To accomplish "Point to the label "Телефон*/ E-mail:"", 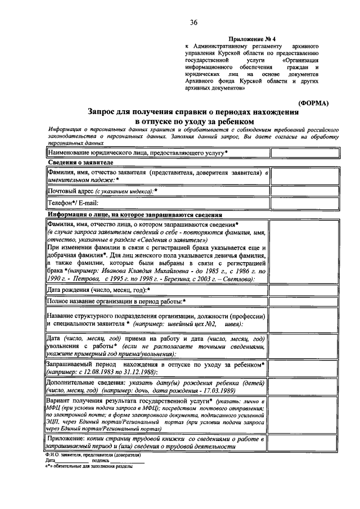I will (73, 203).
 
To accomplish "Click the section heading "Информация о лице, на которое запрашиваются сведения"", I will (135, 215).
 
